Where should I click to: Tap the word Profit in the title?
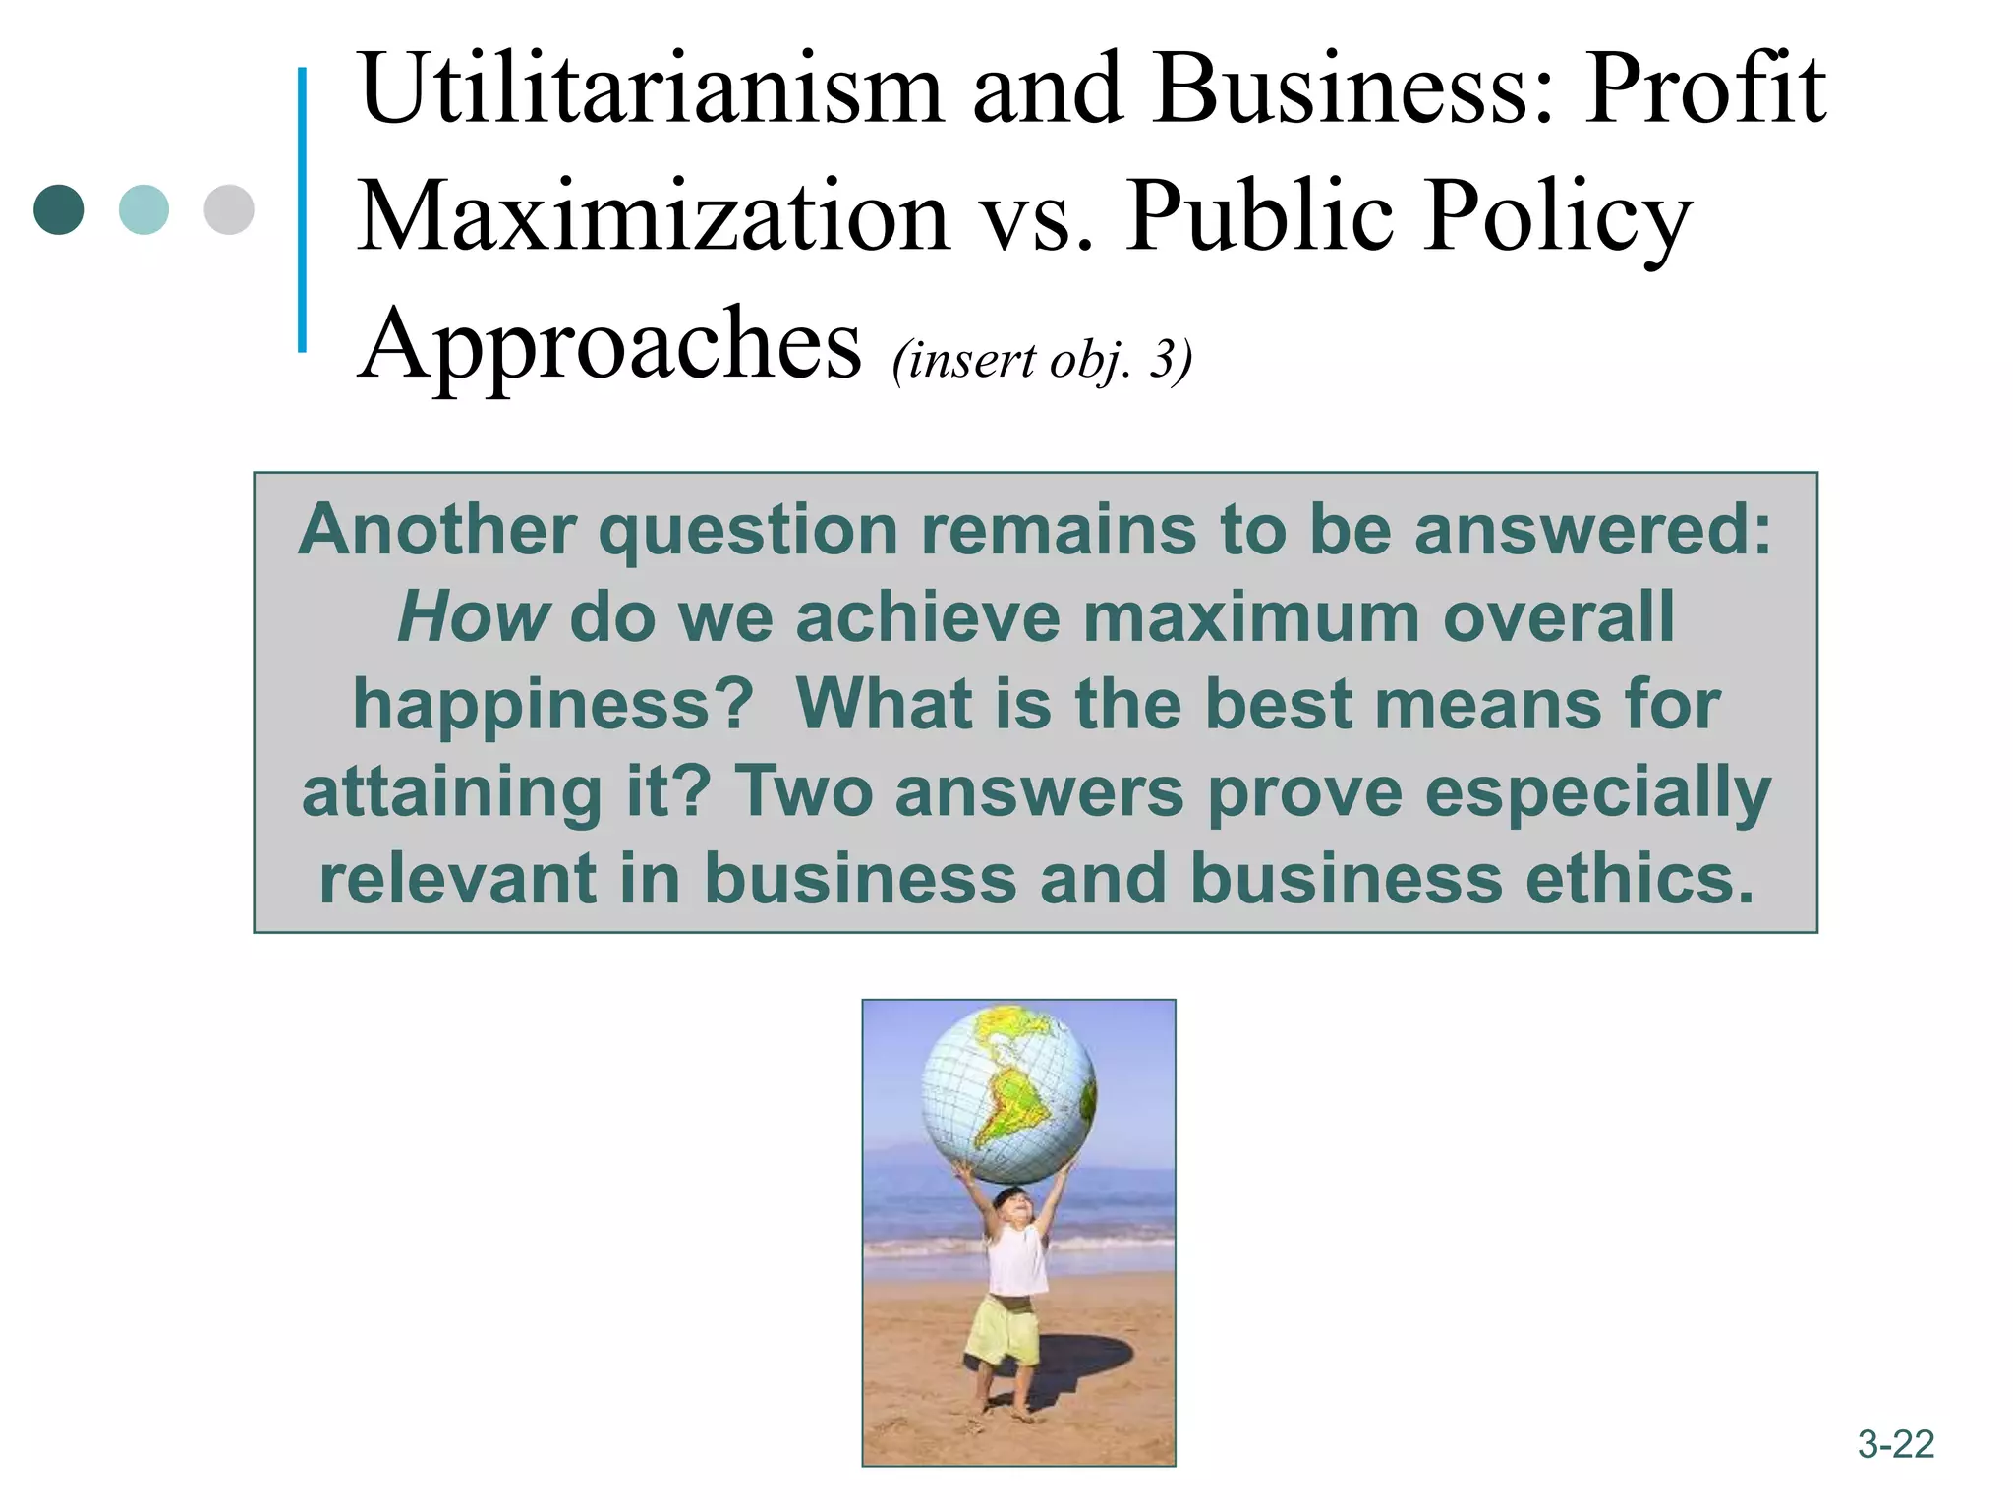pyautogui.click(x=1704, y=90)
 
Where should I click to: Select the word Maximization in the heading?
pyautogui.click(x=653, y=217)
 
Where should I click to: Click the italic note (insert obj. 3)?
pyautogui.click(x=1042, y=360)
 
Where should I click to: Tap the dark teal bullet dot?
pyautogui.click(x=59, y=209)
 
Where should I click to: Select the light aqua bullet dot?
pyautogui.click(x=144, y=209)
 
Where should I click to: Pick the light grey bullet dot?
pyautogui.click(x=229, y=209)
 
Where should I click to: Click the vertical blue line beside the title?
pyautogui.click(x=302, y=209)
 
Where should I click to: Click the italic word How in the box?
pyautogui.click(x=473, y=617)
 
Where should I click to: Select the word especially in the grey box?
pyautogui.click(x=1597, y=792)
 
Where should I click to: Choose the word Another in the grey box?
pyautogui.click(x=437, y=530)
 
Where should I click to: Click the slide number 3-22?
pyautogui.click(x=1895, y=1444)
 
